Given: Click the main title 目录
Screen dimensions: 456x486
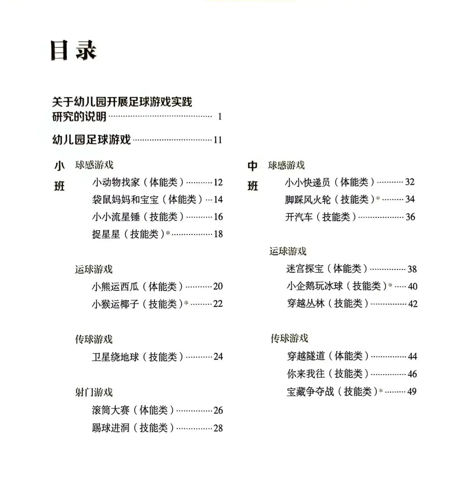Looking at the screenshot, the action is (73, 50).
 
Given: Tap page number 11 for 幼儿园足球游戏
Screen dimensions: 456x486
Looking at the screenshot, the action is (218, 140).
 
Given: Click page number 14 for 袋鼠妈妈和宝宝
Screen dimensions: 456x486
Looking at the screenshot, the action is (218, 199).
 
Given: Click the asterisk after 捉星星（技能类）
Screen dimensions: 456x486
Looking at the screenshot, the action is (168, 233).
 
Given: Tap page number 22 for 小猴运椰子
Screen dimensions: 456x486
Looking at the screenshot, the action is (218, 304).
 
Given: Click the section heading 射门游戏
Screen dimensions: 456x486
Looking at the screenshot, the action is (94, 392).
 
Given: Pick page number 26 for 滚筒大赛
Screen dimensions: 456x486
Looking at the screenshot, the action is (218, 410).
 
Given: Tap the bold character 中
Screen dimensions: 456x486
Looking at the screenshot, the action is (252, 166).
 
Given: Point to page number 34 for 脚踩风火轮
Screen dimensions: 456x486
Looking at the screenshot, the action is (410, 199).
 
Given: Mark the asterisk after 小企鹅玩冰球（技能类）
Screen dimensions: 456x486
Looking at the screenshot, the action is (390, 285).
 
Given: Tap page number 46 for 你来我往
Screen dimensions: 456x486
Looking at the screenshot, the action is (412, 374).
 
